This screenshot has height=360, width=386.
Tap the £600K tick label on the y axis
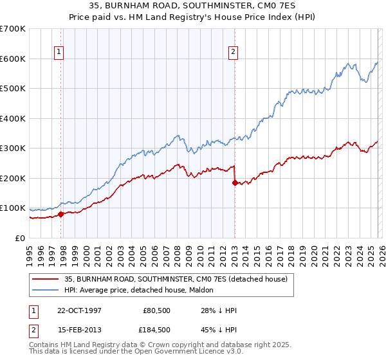[13, 59]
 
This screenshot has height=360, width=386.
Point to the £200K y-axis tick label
[13, 178]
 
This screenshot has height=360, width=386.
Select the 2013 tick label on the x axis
[234, 251]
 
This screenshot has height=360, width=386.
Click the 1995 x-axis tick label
[30, 251]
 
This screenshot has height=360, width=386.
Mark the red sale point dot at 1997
[61, 214]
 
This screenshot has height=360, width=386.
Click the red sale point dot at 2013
[235, 183]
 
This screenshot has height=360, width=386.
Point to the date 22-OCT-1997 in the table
[85, 310]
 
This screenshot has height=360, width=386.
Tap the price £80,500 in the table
[154, 310]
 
